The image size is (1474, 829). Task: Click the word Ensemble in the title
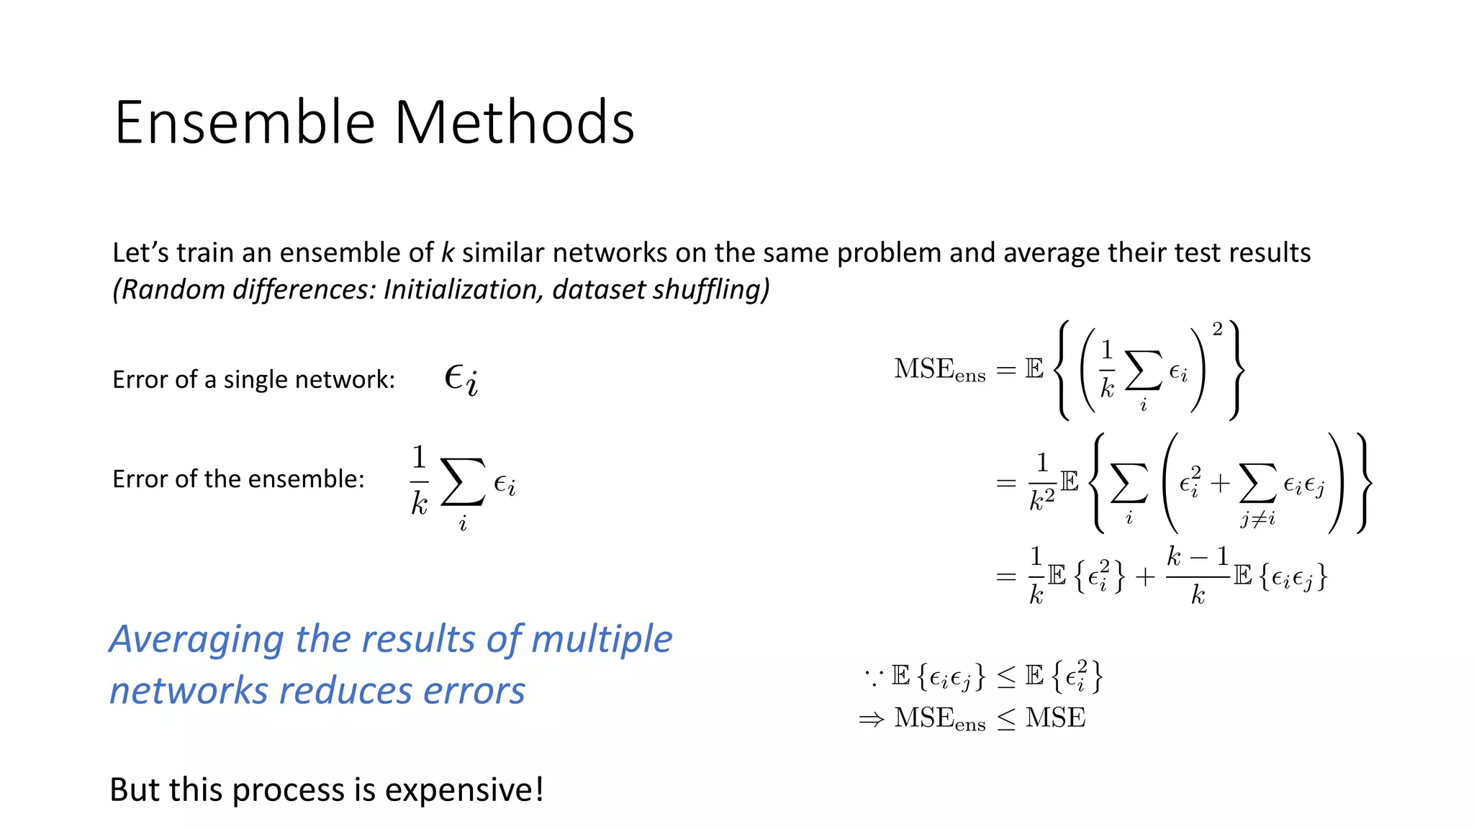[x=245, y=122]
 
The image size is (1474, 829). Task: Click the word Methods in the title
[x=514, y=122]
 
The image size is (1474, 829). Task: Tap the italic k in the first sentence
[x=448, y=253]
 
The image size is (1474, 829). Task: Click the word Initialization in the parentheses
[x=464, y=290]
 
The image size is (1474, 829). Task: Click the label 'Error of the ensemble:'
[x=238, y=479]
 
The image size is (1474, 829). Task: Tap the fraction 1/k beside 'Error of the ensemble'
[x=419, y=480]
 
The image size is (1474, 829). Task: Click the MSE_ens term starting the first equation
[x=939, y=370]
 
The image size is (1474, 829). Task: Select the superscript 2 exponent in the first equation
[x=1217, y=330]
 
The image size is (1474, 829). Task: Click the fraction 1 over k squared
[x=1041, y=482]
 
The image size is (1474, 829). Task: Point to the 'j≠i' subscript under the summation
[x=1257, y=518]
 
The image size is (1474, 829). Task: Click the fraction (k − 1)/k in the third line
[x=1197, y=576]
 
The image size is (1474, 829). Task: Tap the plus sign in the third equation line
[x=1145, y=577]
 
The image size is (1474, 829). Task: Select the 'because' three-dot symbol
[x=874, y=676]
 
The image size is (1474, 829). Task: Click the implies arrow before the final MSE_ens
[x=872, y=719]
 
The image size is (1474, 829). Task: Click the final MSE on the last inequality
[x=1055, y=718]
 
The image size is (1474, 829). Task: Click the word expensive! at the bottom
[x=464, y=790]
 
